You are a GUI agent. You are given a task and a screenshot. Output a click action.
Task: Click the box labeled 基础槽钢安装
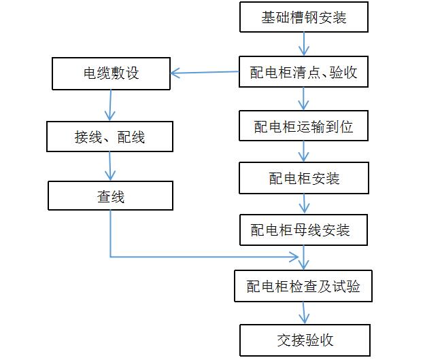(304, 17)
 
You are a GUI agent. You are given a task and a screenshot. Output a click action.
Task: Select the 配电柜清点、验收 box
(304, 72)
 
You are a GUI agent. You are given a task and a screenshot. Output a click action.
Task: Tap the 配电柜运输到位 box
(304, 126)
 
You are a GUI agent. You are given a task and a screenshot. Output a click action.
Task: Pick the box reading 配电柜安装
(304, 178)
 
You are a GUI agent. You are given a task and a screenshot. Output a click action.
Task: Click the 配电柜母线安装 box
(304, 230)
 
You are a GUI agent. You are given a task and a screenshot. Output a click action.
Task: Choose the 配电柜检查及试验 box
(304, 286)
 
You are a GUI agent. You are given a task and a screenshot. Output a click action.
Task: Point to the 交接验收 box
(304, 340)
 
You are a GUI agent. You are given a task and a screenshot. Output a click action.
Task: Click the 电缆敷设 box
(110, 73)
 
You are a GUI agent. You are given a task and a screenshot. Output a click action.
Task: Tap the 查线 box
(110, 196)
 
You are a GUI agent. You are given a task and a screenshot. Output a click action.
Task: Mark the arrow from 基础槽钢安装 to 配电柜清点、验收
(304, 43)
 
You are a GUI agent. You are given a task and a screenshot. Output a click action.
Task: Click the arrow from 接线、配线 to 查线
(110, 166)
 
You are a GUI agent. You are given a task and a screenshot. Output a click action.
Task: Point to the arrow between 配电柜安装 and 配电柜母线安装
(304, 204)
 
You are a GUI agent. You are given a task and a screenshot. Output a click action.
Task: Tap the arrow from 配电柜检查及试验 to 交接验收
(304, 313)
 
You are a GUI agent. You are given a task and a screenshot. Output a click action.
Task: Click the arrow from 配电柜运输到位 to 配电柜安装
(304, 152)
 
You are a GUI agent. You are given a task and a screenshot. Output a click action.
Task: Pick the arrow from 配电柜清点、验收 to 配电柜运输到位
(304, 99)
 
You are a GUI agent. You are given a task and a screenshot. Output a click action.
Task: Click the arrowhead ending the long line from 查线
(295, 257)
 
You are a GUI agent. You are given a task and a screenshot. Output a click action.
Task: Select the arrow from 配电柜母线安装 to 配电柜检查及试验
(304, 258)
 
